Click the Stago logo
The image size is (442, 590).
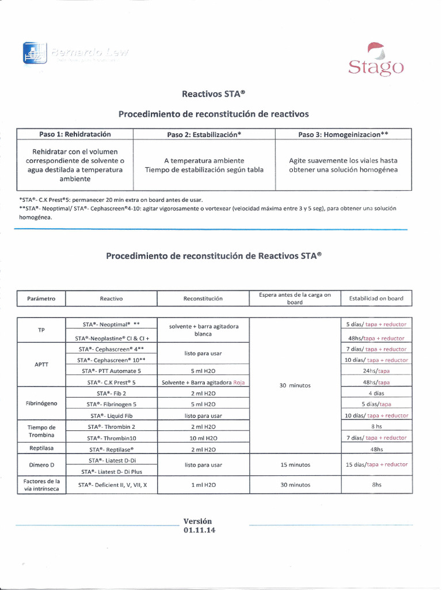click(375, 60)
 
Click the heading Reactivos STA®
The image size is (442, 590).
click(214, 93)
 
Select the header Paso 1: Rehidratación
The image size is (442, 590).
click(75, 134)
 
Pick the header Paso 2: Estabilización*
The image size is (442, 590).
click(204, 135)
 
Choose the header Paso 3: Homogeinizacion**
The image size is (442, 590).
click(343, 135)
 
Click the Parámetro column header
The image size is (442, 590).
click(41, 298)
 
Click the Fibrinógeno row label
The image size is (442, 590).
click(41, 403)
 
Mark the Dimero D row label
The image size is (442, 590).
click(41, 464)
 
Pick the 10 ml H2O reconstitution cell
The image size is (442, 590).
click(204, 438)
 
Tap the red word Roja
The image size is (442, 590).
click(239, 382)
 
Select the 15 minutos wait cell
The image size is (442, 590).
click(295, 464)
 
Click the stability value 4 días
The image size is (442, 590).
click(376, 393)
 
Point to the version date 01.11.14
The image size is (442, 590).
click(199, 530)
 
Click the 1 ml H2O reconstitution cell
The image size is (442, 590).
click(204, 485)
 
